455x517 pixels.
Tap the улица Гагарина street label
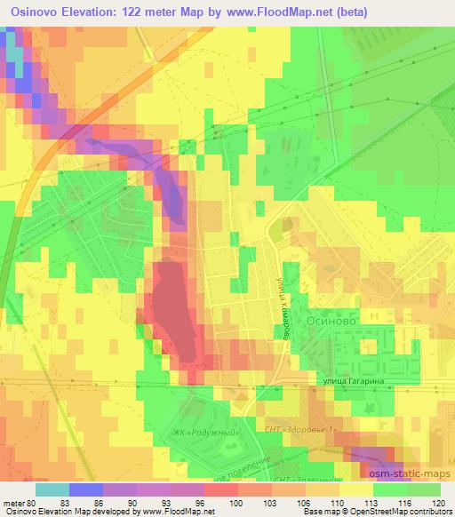point(353,379)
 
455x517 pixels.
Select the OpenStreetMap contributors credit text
point(401,513)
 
